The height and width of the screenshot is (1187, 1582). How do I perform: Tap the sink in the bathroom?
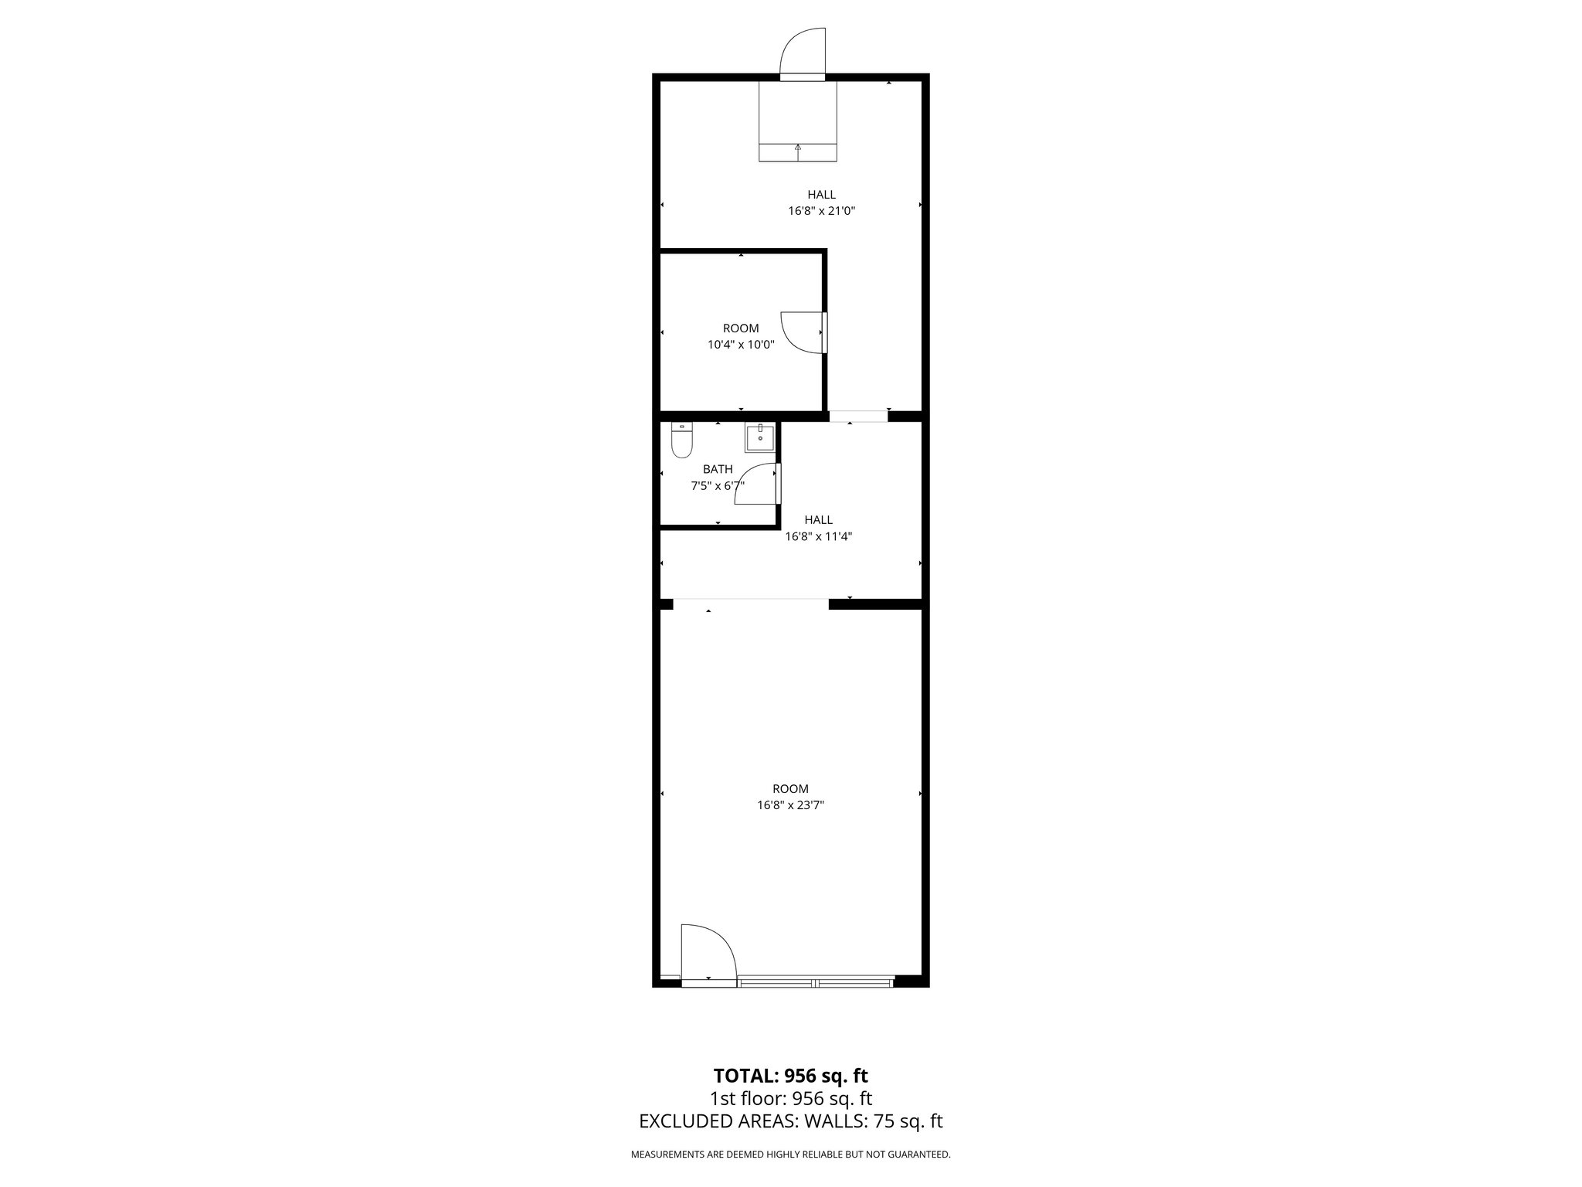(x=760, y=437)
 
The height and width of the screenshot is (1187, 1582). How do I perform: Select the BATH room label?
(x=718, y=469)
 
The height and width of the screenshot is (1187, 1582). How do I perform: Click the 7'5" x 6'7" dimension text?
(x=718, y=486)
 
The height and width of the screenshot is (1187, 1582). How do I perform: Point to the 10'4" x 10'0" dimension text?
(x=741, y=345)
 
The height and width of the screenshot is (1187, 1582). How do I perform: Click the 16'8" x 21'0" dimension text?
(x=821, y=210)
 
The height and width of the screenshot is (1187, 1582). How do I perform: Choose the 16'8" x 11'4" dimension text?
(x=818, y=536)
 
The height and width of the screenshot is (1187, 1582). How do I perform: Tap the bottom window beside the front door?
(x=815, y=982)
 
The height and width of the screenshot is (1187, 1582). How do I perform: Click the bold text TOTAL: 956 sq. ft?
(x=790, y=1076)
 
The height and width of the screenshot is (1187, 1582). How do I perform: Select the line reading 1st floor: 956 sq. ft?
(x=790, y=1098)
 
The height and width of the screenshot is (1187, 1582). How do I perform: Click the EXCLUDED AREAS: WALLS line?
(x=790, y=1121)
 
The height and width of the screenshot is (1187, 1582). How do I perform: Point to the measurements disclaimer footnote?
(x=790, y=1155)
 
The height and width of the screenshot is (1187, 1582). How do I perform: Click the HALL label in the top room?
(x=821, y=195)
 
